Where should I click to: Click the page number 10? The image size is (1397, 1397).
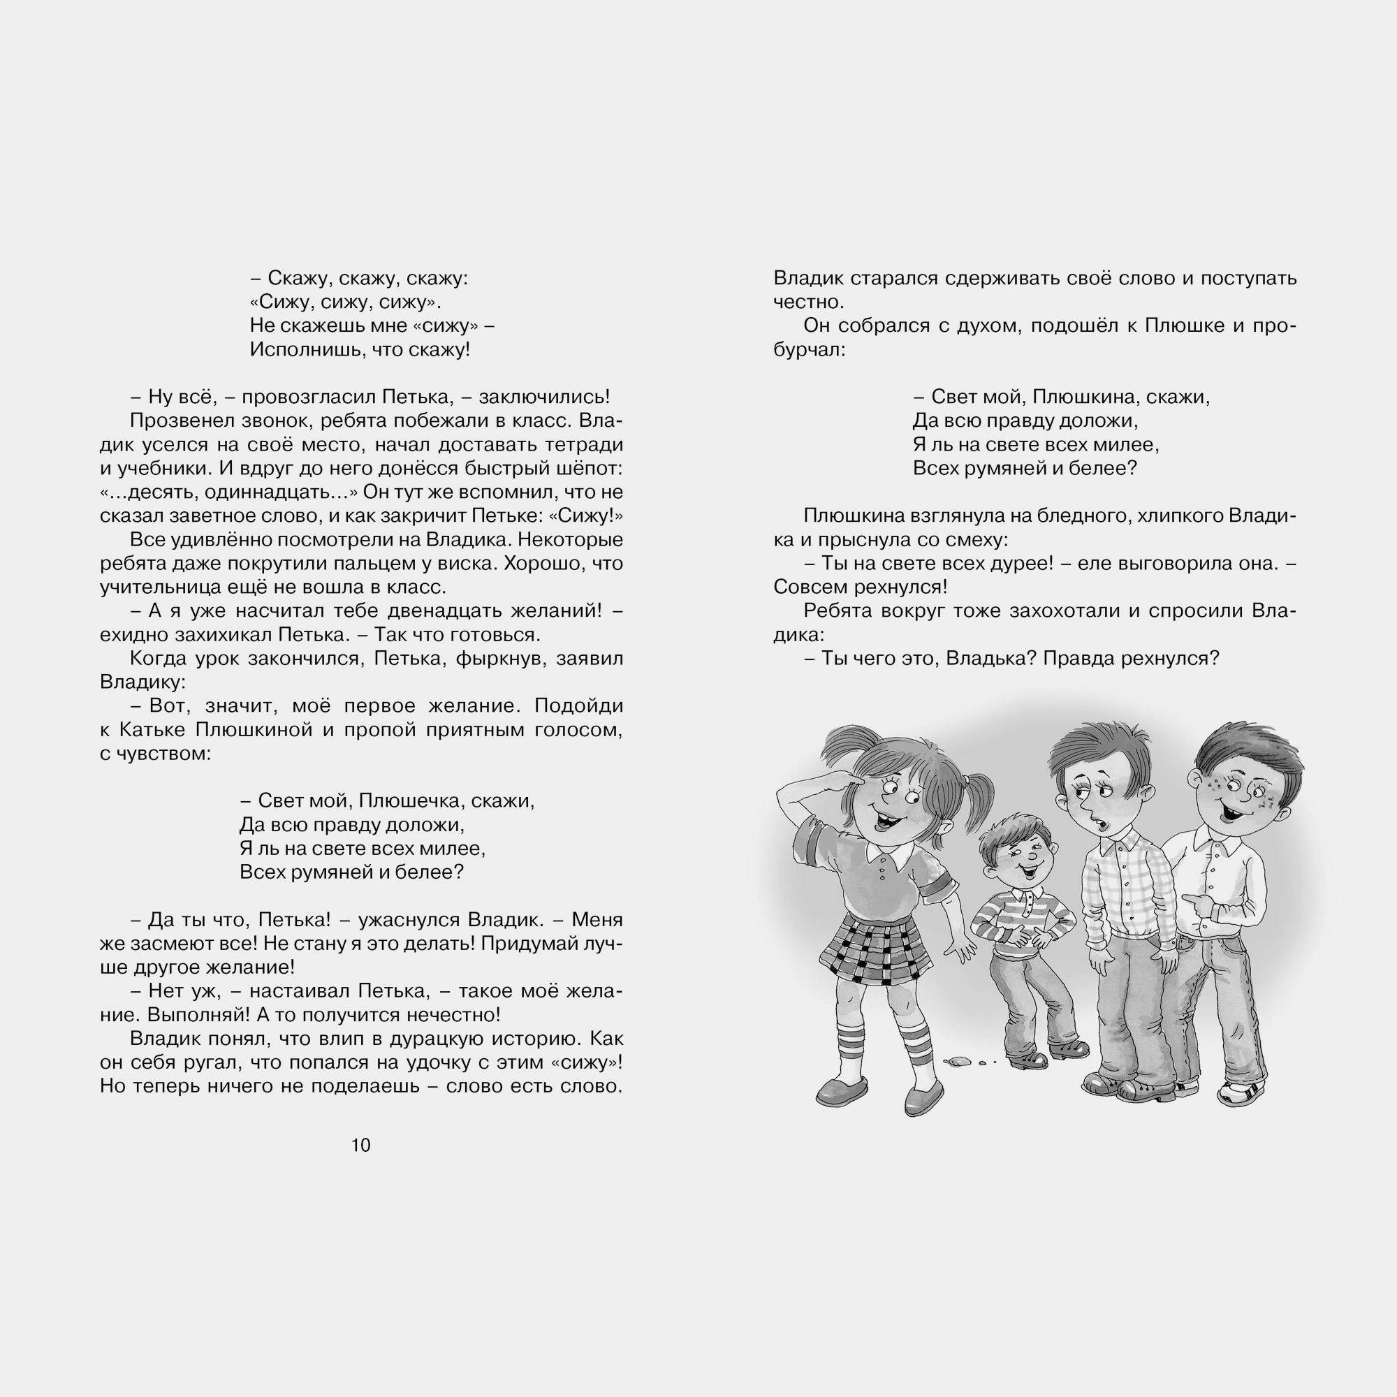click(360, 1145)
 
